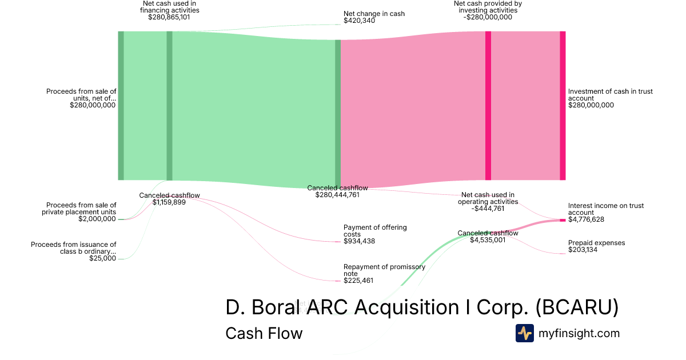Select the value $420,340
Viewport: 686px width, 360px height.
point(360,21)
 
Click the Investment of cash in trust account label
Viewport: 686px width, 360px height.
point(610,95)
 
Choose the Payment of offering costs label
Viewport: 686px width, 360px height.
point(375,231)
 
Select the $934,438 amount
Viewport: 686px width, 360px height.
point(360,242)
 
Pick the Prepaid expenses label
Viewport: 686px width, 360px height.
point(596,243)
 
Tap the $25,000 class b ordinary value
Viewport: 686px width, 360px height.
point(102,258)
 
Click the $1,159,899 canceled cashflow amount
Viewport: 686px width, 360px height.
point(169,202)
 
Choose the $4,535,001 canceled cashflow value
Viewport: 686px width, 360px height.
point(488,240)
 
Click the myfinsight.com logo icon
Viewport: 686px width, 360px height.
point(524,333)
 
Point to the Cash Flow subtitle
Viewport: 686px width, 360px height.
point(264,333)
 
